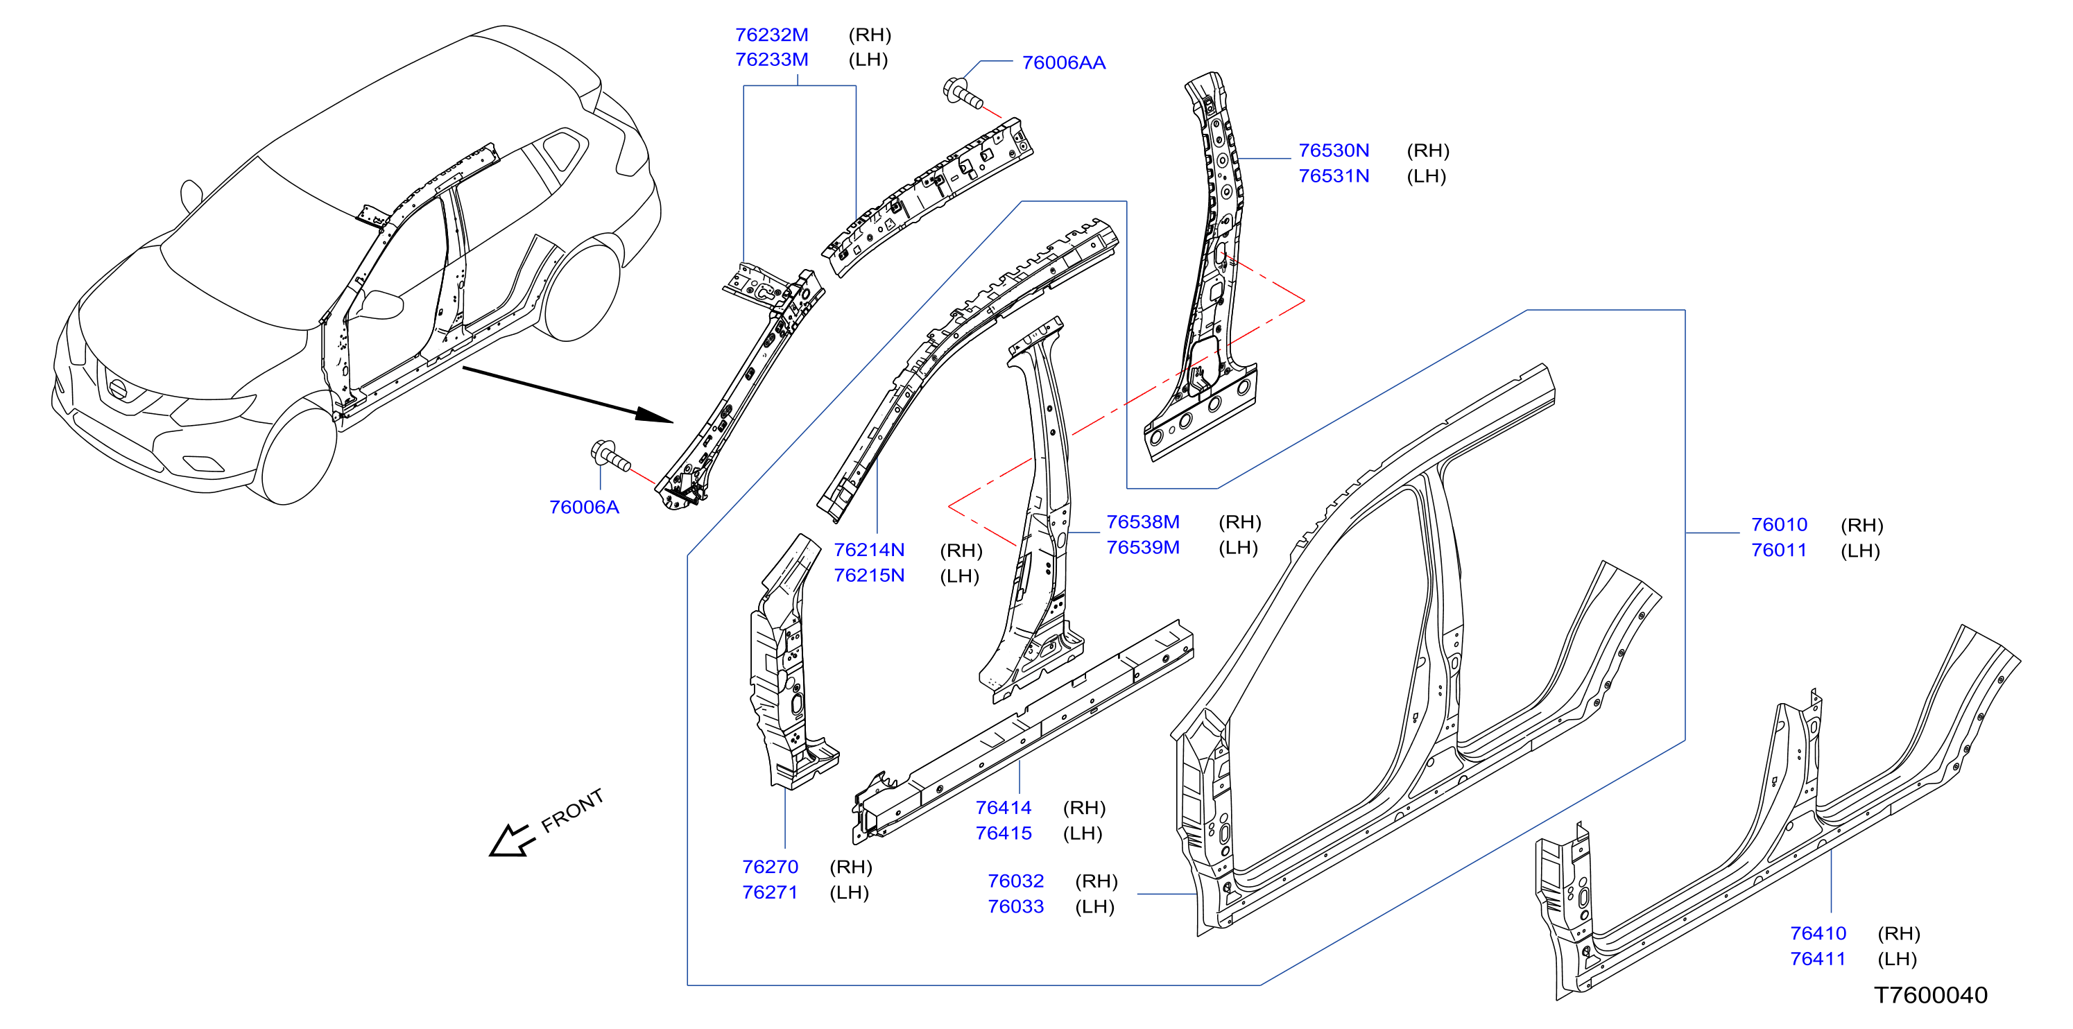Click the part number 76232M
point(772,35)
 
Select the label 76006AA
point(1063,63)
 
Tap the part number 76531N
point(1334,175)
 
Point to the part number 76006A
point(584,507)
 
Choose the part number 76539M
point(1143,547)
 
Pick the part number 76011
point(1779,551)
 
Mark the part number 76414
point(1004,808)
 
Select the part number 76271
point(770,892)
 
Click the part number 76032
point(1015,881)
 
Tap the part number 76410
point(1818,933)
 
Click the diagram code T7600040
point(1931,995)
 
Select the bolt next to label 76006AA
point(963,92)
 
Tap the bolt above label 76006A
point(611,456)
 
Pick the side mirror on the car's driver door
point(381,305)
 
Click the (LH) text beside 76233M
point(868,60)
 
